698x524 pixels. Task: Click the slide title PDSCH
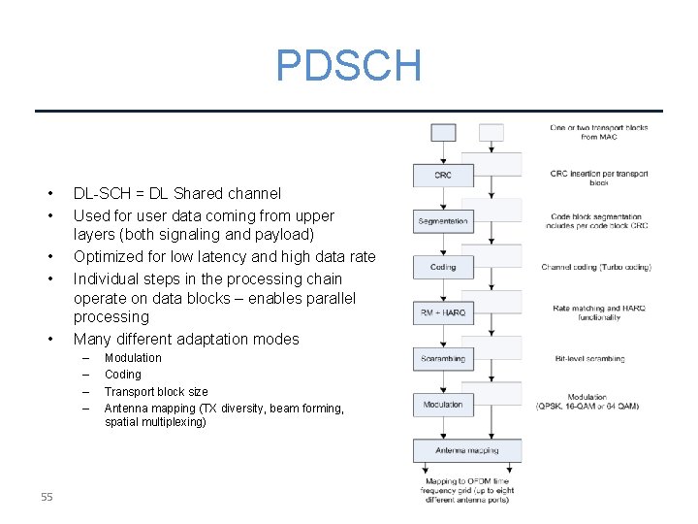(x=349, y=66)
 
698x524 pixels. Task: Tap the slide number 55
(x=47, y=498)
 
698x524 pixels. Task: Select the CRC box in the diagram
(x=442, y=175)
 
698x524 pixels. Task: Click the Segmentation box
(x=442, y=221)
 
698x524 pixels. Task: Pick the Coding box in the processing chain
(x=442, y=267)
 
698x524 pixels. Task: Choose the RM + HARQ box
(x=442, y=312)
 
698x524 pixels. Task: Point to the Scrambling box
(x=442, y=358)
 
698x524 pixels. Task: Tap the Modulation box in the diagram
(x=442, y=404)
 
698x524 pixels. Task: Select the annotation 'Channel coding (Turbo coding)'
(x=596, y=267)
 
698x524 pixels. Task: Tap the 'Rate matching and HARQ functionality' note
(x=598, y=312)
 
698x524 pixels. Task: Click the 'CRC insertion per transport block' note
(x=598, y=178)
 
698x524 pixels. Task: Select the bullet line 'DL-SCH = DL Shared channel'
(x=177, y=194)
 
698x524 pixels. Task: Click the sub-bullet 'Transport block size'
(x=156, y=392)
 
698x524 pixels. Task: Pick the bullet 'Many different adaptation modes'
(x=186, y=340)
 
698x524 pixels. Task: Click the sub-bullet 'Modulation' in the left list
(x=133, y=358)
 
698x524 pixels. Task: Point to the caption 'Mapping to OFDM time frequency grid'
(x=466, y=486)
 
